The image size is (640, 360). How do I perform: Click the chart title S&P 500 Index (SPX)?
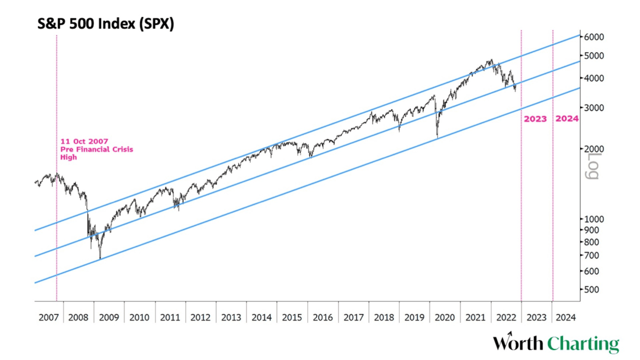point(106,24)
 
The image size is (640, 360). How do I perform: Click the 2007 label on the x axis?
point(48,317)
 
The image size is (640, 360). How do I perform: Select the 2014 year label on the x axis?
point(261,317)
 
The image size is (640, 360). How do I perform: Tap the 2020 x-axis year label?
point(445,317)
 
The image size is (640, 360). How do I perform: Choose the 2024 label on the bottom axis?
point(565,317)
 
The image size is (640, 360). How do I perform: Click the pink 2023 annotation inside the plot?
point(535,119)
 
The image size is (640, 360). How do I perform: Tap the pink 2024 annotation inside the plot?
point(567,119)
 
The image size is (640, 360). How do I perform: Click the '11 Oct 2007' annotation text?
point(84,141)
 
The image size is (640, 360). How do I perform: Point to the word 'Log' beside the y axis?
point(592,166)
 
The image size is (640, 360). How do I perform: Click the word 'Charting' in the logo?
point(583,344)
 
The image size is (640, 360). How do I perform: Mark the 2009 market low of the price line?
point(100,258)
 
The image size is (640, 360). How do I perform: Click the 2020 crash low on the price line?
point(437,137)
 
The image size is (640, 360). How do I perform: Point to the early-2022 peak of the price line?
point(491,59)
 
